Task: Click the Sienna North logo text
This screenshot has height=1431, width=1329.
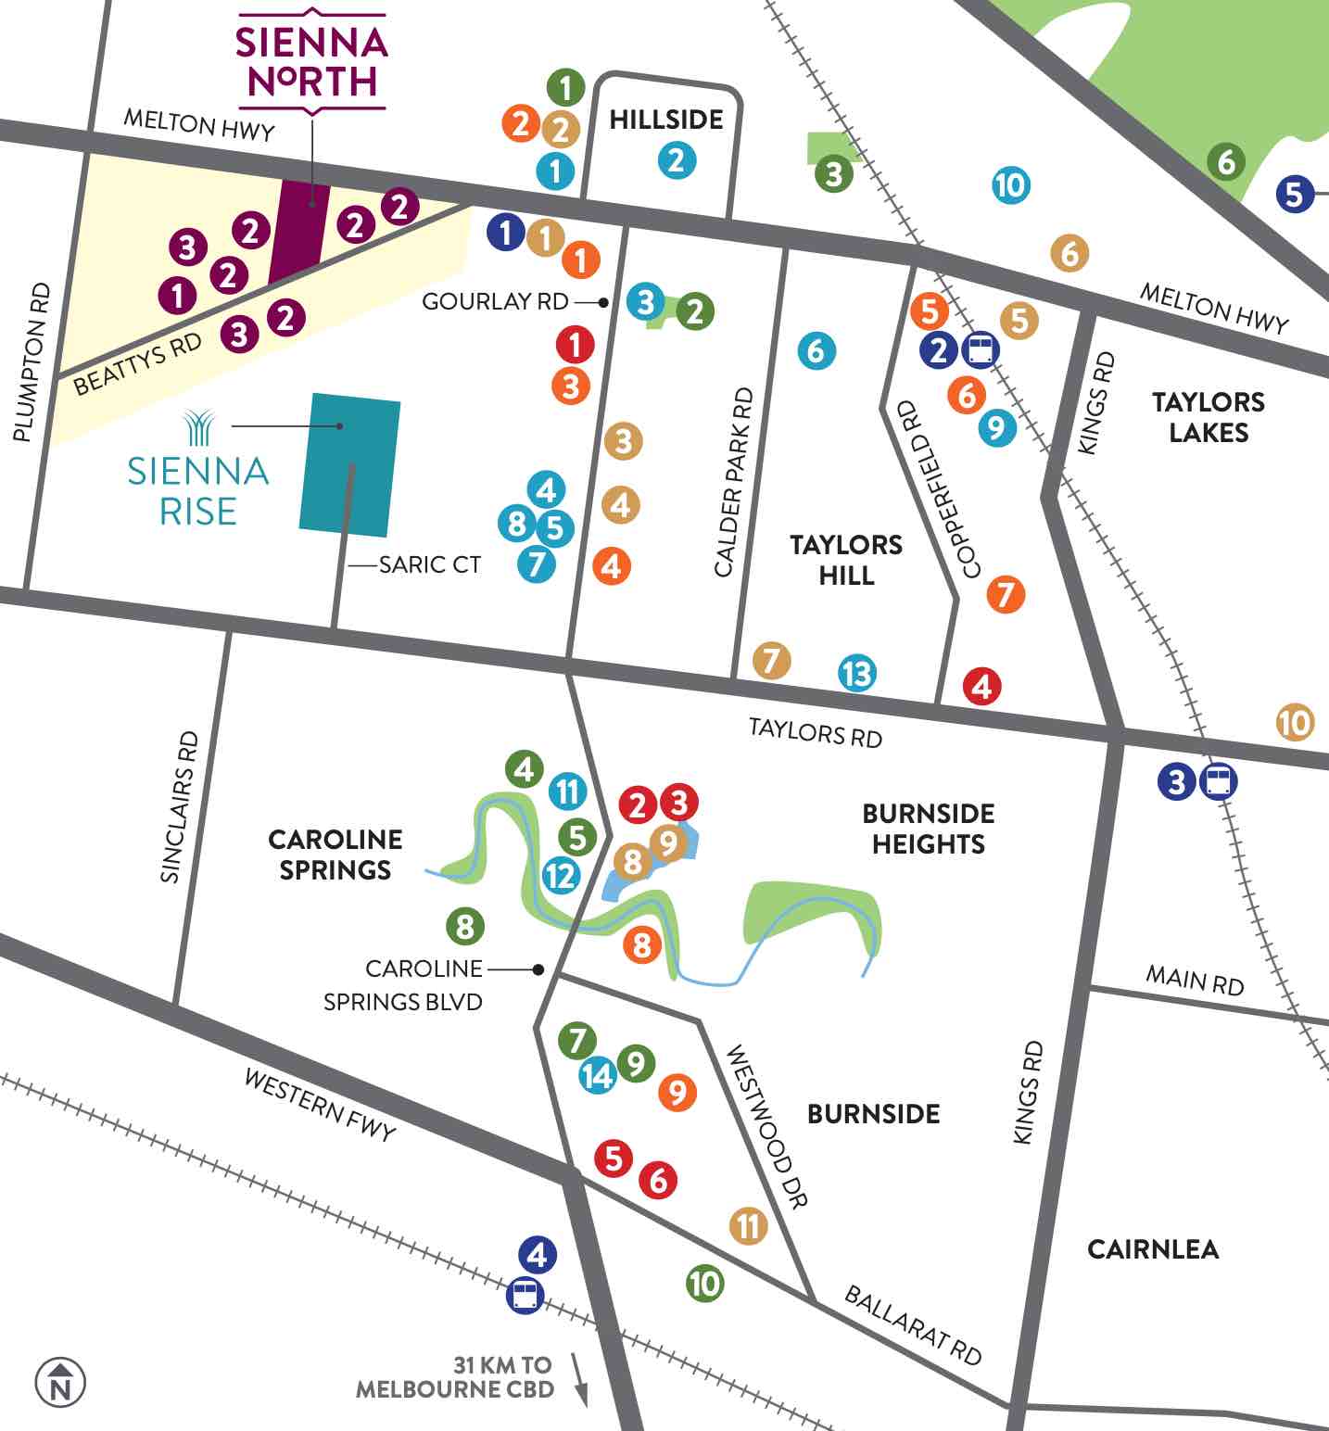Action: tap(310, 62)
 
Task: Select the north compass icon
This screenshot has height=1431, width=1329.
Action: tap(60, 1383)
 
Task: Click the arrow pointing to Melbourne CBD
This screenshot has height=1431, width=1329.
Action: tap(580, 1379)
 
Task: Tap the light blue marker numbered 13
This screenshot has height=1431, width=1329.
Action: tap(857, 673)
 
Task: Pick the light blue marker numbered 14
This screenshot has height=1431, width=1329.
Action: tap(598, 1075)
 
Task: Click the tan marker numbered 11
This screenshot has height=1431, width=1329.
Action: tap(748, 1226)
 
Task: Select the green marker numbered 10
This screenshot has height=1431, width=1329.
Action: tap(704, 1284)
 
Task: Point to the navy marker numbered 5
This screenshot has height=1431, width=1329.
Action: tap(1294, 194)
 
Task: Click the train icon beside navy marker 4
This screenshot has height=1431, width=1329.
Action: tap(525, 1295)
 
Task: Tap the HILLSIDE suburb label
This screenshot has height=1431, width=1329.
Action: tap(665, 120)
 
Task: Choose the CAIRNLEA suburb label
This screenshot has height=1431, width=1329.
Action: tap(1152, 1249)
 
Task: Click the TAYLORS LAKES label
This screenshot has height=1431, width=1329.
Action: tap(1208, 417)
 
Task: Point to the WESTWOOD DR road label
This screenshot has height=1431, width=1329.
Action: tap(766, 1126)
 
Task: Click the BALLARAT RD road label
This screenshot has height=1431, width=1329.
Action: tap(912, 1325)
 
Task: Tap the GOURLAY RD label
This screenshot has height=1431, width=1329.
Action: tap(495, 302)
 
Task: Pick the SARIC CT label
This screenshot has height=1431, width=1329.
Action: tap(430, 564)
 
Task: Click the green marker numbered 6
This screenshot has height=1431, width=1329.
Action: tap(1225, 162)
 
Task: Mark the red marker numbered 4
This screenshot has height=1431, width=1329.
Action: tap(981, 687)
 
